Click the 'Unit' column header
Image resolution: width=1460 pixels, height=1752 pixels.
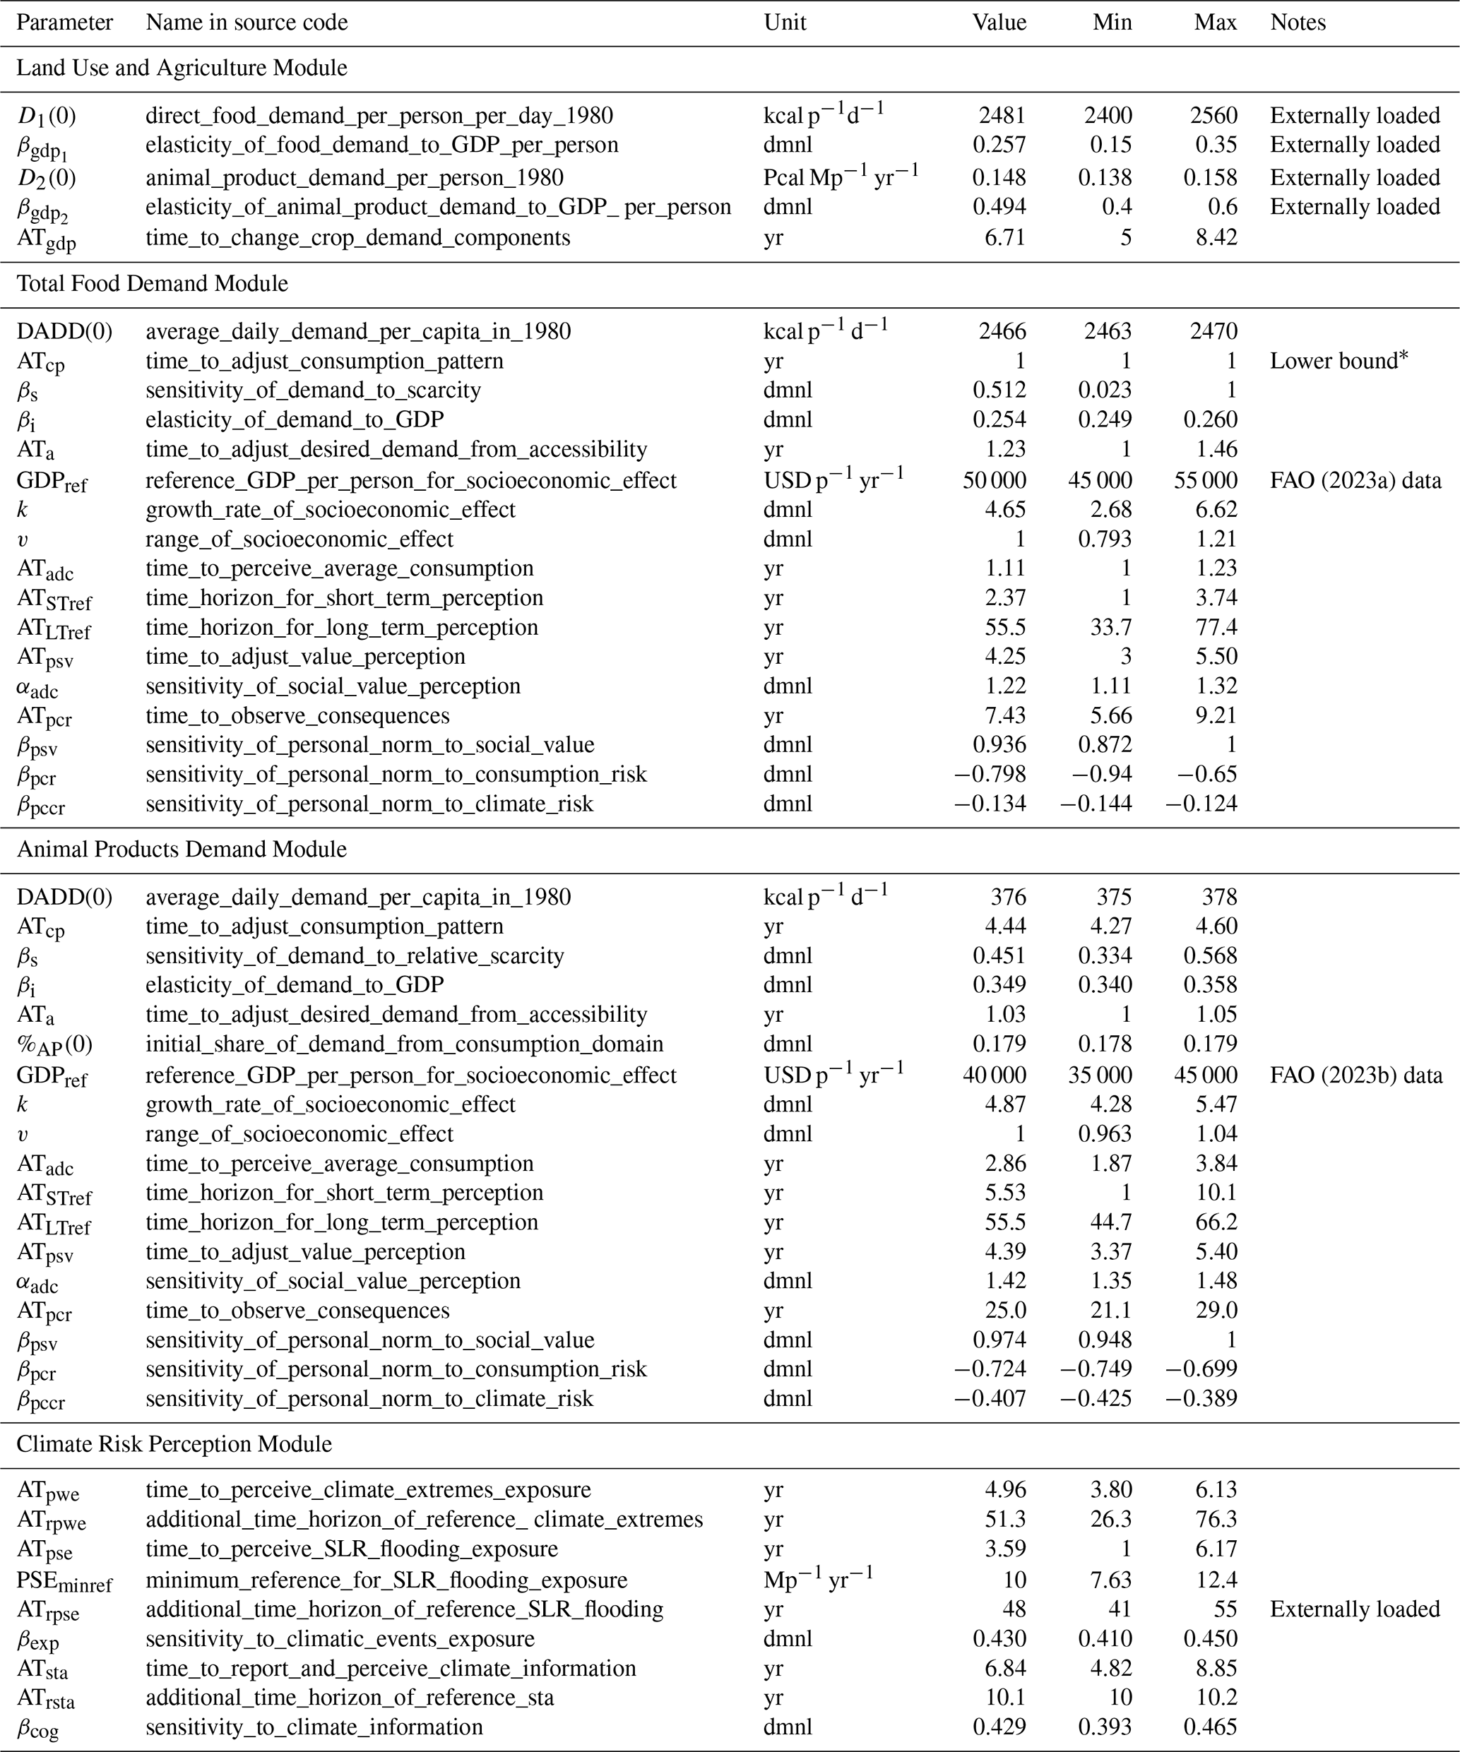784,23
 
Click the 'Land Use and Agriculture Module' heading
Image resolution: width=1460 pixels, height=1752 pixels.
182,68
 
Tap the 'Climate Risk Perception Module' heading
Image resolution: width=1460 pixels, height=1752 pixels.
174,1444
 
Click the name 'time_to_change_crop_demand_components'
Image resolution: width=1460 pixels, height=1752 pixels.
358,238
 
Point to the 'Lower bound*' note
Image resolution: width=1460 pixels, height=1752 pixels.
1339,362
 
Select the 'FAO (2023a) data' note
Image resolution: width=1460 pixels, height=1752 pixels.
1355,481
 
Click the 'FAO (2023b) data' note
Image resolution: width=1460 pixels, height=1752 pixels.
1355,1075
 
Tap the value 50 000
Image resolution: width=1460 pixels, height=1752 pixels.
994,481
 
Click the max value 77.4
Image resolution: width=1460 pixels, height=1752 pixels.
1216,627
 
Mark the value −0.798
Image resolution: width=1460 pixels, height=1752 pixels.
990,774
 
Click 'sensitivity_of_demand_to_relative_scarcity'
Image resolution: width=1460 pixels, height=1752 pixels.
355,956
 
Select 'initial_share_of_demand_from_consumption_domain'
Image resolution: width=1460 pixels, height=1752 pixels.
405,1044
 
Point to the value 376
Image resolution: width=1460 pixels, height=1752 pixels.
1008,898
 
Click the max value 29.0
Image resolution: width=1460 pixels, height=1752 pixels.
1216,1311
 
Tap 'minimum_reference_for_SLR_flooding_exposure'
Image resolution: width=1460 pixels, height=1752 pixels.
386,1580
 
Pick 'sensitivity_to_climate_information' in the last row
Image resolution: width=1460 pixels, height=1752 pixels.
314,1727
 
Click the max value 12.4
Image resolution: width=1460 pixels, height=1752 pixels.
1216,1580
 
